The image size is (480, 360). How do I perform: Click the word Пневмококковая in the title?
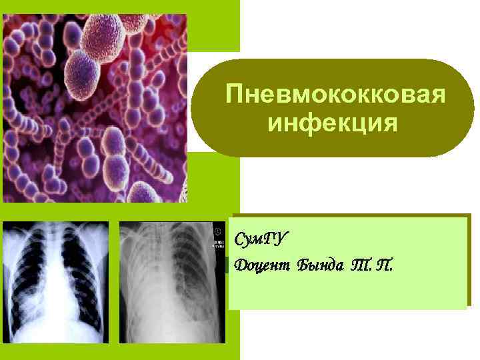tap(334, 94)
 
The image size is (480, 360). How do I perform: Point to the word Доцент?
tap(263, 266)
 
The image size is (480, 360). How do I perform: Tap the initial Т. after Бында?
tap(363, 266)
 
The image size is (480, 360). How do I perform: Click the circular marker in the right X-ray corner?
tap(218, 231)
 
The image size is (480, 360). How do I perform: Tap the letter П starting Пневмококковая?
tap(233, 94)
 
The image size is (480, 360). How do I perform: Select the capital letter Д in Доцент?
tap(241, 266)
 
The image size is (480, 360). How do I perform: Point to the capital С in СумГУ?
tap(240, 238)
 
